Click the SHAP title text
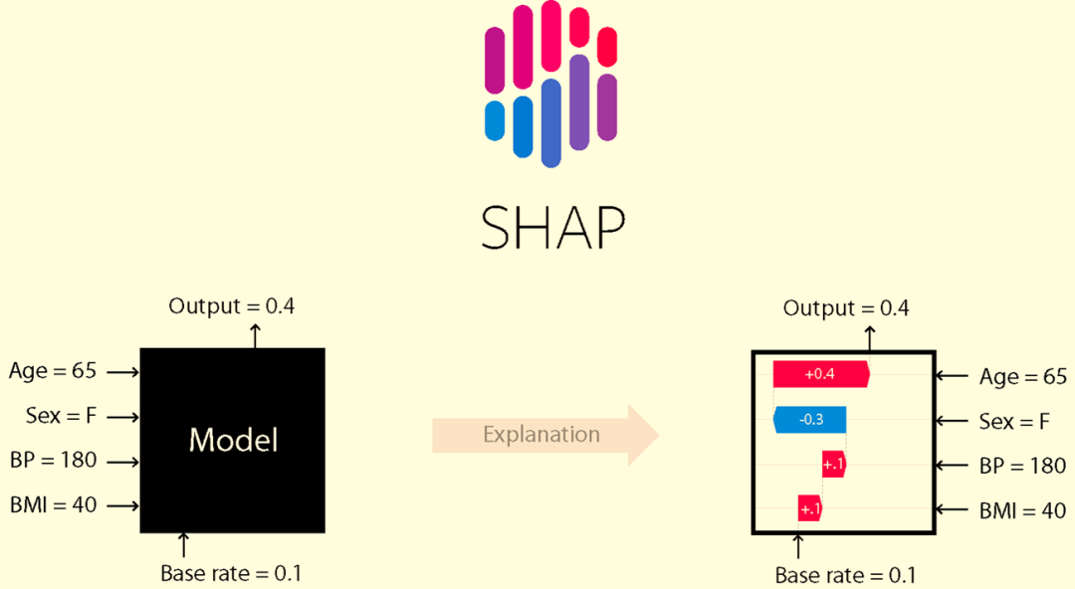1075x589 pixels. pyautogui.click(x=552, y=228)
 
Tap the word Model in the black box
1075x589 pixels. pyautogui.click(x=233, y=440)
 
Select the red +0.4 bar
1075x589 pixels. pyautogui.click(x=821, y=374)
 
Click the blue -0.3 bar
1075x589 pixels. pyautogui.click(x=809, y=420)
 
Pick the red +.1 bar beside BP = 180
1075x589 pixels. pyautogui.click(x=834, y=465)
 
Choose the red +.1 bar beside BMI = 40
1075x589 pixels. pyautogui.click(x=809, y=508)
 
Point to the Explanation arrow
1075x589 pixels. pyautogui.click(x=545, y=435)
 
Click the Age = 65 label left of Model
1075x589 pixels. pyautogui.click(x=53, y=371)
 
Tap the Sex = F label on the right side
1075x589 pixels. pyautogui.click(x=1014, y=421)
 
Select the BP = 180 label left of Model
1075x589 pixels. pyautogui.click(x=54, y=460)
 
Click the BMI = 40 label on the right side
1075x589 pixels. pyautogui.click(x=1022, y=510)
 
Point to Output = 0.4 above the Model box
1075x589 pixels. pyautogui.click(x=232, y=305)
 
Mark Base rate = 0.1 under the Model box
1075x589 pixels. pyautogui.click(x=231, y=573)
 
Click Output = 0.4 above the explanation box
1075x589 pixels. pyautogui.click(x=846, y=308)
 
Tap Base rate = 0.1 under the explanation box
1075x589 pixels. pyautogui.click(x=845, y=575)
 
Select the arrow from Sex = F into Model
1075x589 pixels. pyautogui.click(x=123, y=417)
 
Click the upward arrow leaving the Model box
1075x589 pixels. pyautogui.click(x=255, y=336)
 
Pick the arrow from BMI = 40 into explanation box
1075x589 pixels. pyautogui.click(x=952, y=509)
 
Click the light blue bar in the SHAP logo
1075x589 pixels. pyautogui.click(x=495, y=120)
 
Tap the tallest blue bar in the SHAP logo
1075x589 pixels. pyautogui.click(x=550, y=122)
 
